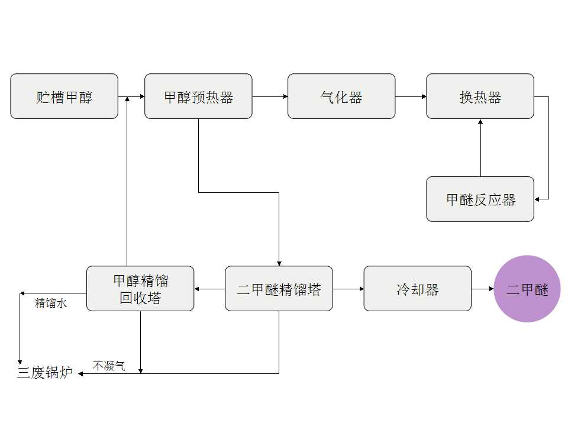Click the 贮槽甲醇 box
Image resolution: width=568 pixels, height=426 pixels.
point(64,96)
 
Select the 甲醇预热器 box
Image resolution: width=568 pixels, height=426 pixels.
point(198,96)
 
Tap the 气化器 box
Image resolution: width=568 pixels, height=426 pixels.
point(341,96)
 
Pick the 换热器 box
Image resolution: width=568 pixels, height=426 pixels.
point(480,96)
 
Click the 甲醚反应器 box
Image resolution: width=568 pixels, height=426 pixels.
point(480,199)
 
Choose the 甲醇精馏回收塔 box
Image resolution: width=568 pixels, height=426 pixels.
point(140,288)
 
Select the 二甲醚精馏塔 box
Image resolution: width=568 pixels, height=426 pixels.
point(279,288)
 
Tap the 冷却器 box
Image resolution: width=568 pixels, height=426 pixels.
point(417,288)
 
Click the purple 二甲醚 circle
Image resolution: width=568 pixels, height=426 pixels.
point(527,289)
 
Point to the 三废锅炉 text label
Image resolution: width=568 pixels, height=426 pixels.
point(45,373)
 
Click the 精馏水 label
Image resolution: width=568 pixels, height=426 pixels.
point(51,304)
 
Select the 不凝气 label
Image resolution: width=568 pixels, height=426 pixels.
point(109,366)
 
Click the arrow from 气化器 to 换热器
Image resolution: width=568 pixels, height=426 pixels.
point(411,96)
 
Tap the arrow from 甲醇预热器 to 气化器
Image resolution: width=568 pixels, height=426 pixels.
point(270,96)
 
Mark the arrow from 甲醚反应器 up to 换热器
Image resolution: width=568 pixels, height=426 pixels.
point(480,148)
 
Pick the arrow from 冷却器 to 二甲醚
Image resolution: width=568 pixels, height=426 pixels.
point(483,289)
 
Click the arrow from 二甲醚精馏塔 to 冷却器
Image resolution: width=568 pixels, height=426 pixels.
point(348,289)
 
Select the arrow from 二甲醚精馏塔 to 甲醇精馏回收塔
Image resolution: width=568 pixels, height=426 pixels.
point(209,289)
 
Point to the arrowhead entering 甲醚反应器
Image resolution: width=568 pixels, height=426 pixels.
point(537,199)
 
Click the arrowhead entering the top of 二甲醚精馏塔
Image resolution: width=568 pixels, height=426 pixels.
point(279,263)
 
